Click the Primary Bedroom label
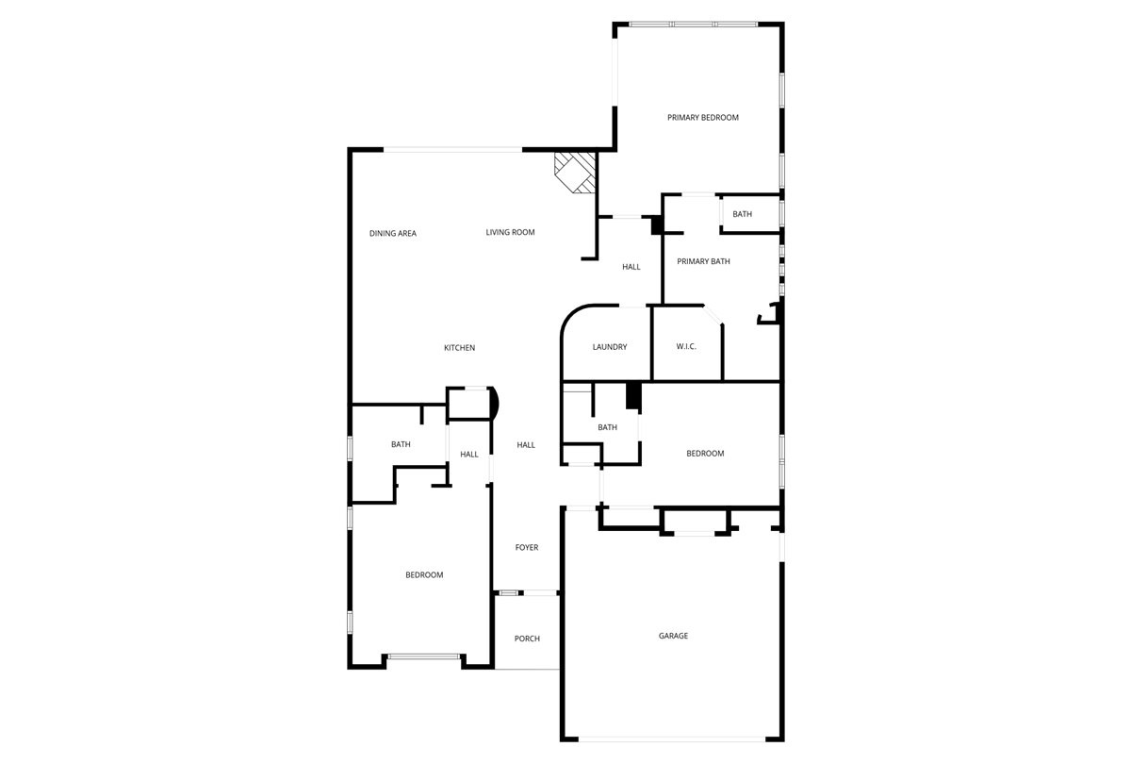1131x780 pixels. point(702,118)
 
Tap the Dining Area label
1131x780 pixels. point(393,233)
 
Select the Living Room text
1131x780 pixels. point(510,232)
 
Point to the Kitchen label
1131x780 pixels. point(460,348)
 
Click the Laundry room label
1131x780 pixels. point(610,347)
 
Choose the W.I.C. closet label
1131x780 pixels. point(686,347)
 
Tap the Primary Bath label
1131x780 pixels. point(703,261)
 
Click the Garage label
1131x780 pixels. point(673,636)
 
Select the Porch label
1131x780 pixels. point(527,639)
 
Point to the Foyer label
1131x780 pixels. point(527,547)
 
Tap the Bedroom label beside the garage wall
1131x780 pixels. point(705,454)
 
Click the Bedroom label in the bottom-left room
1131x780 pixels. point(424,574)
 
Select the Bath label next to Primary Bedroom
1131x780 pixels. point(742,214)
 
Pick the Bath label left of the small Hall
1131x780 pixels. point(401,444)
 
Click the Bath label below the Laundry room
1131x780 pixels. point(607,427)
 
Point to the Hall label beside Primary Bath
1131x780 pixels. point(631,267)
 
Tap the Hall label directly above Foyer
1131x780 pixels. point(526,445)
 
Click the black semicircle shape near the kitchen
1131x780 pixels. point(493,404)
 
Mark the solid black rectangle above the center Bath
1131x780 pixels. point(633,395)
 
